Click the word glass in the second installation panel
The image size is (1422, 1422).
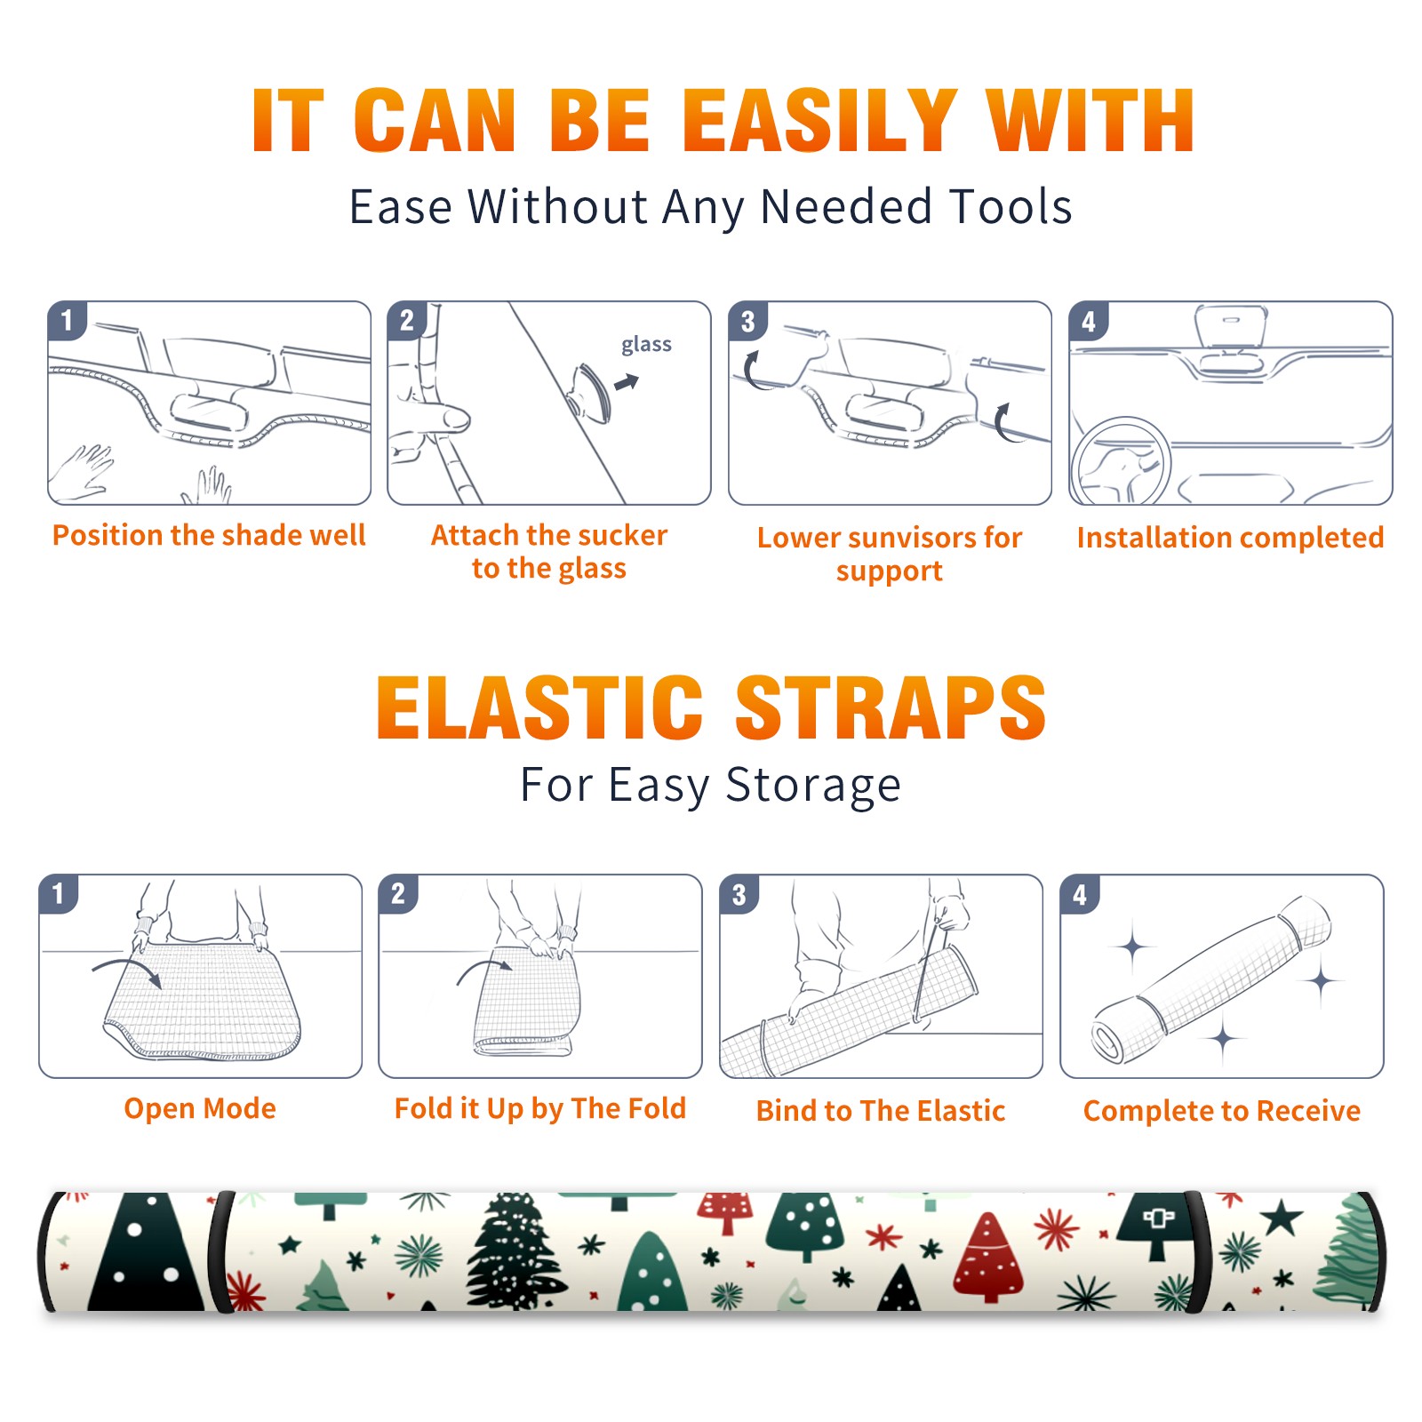click(x=646, y=345)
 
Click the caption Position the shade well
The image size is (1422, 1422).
click(x=209, y=535)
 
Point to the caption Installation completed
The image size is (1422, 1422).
click(x=1230, y=537)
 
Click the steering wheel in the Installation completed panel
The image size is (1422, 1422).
click(x=1121, y=460)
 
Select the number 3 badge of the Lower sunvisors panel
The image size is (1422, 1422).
click(x=747, y=321)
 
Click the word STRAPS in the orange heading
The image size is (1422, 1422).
click(x=891, y=707)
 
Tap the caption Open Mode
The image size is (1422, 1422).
click(x=200, y=1108)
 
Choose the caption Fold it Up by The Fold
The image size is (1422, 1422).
click(x=540, y=1108)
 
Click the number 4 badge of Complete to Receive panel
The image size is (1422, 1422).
click(x=1080, y=894)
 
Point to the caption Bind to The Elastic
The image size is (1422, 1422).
click(x=881, y=1111)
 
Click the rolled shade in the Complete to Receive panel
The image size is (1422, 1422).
click(x=1210, y=979)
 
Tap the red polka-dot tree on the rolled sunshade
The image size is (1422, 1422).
click(x=987, y=1255)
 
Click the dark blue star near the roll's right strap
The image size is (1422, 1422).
click(x=1282, y=1217)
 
